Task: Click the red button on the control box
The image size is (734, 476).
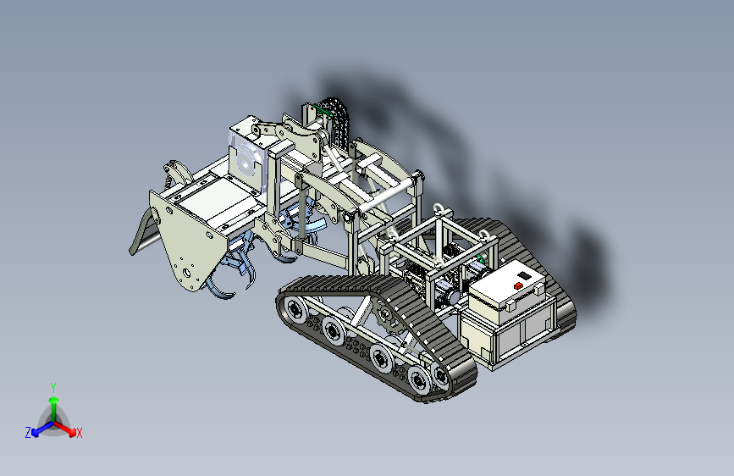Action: (518, 285)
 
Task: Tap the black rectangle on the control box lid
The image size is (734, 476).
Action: (525, 276)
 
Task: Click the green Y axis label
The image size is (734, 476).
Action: (53, 388)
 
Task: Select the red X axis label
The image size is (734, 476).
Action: (79, 434)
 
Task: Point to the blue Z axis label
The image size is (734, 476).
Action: (28, 433)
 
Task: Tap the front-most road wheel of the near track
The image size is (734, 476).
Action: (295, 310)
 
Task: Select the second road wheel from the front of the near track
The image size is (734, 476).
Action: (333, 331)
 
